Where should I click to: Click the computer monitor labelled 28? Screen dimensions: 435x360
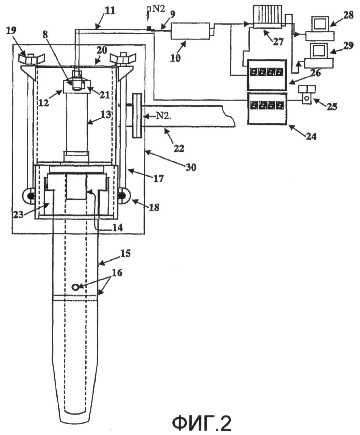point(320,24)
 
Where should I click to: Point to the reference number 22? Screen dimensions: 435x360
point(179,149)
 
